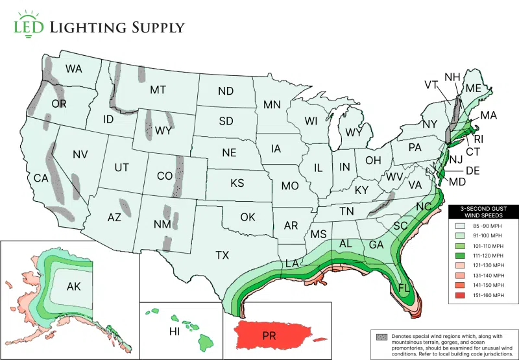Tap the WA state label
pos(73,69)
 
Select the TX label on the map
pos(223,255)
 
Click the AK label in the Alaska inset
pos(74,285)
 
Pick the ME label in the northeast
pos(473,88)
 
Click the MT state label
pos(158,90)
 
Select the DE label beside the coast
pos(472,171)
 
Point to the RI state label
pos(478,139)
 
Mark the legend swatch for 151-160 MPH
pos(460,295)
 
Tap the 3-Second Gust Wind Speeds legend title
pos(483,212)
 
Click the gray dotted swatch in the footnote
pos(381,337)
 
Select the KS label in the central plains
pos(237,183)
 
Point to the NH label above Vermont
pos(452,77)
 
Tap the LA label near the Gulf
pos(292,263)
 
